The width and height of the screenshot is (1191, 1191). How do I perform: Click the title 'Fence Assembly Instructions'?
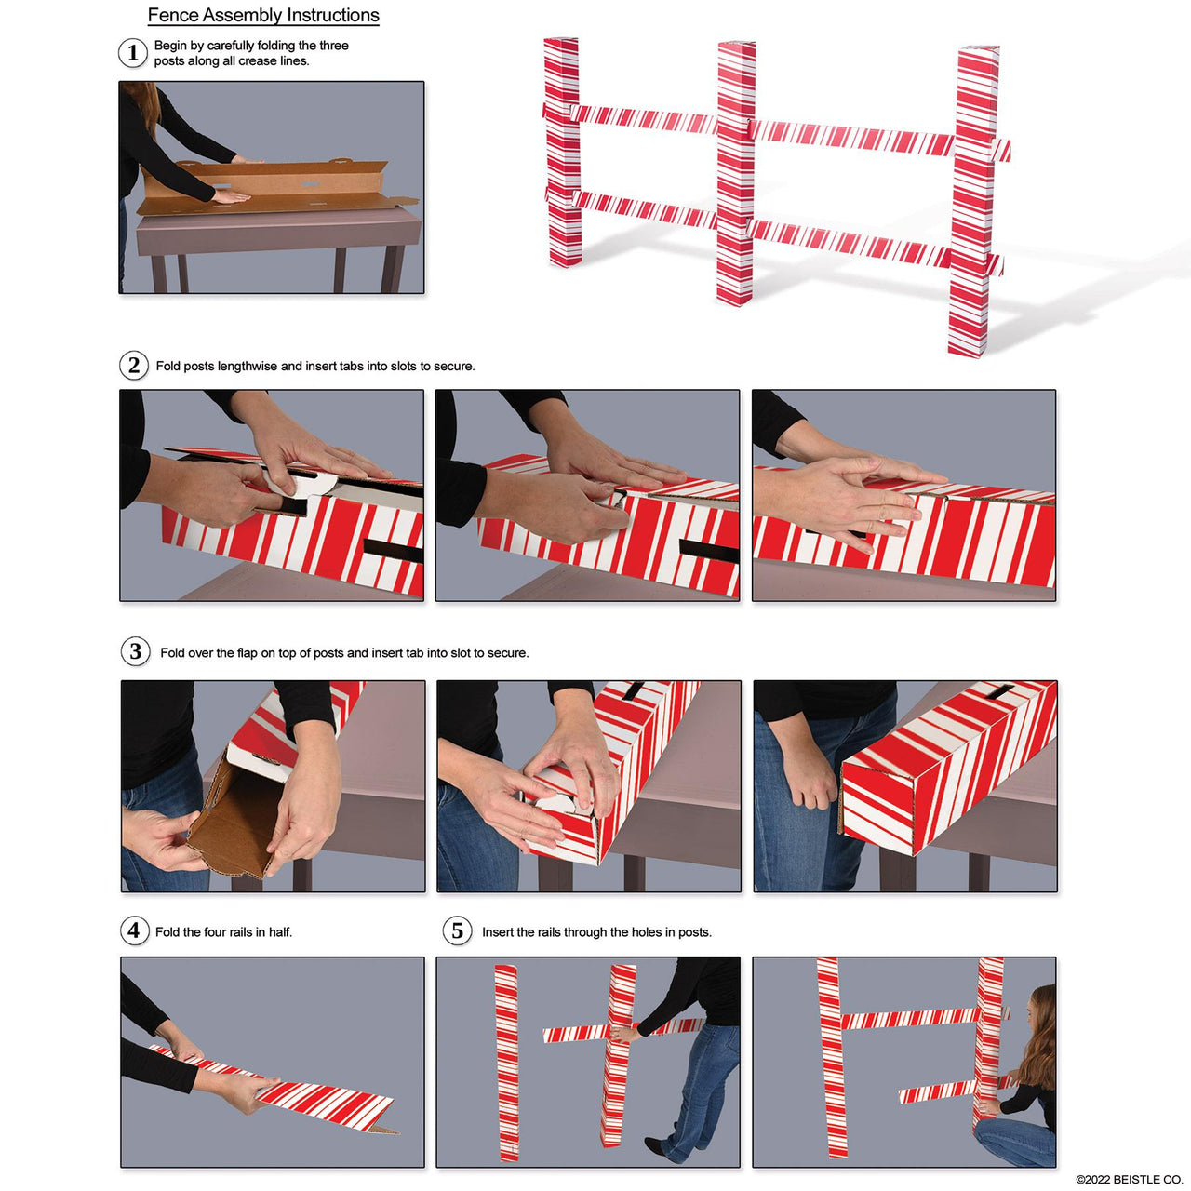click(263, 16)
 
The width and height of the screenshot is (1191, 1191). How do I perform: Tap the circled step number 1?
click(133, 53)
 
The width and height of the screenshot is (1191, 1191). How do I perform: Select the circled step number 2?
click(134, 365)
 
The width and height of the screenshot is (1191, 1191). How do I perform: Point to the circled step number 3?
click(136, 651)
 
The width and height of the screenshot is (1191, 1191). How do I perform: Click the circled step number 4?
click(135, 930)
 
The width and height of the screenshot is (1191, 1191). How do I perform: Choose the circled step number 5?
click(457, 930)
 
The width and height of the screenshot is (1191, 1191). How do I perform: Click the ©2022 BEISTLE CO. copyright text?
click(1129, 1179)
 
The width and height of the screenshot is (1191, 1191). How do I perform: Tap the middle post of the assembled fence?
click(735, 177)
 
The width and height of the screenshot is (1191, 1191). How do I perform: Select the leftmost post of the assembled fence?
click(562, 154)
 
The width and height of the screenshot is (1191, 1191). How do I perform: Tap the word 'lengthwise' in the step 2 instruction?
click(247, 367)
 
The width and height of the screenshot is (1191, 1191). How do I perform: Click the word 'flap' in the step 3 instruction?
click(247, 653)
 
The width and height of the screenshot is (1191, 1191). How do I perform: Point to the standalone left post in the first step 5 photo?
click(506, 1061)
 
